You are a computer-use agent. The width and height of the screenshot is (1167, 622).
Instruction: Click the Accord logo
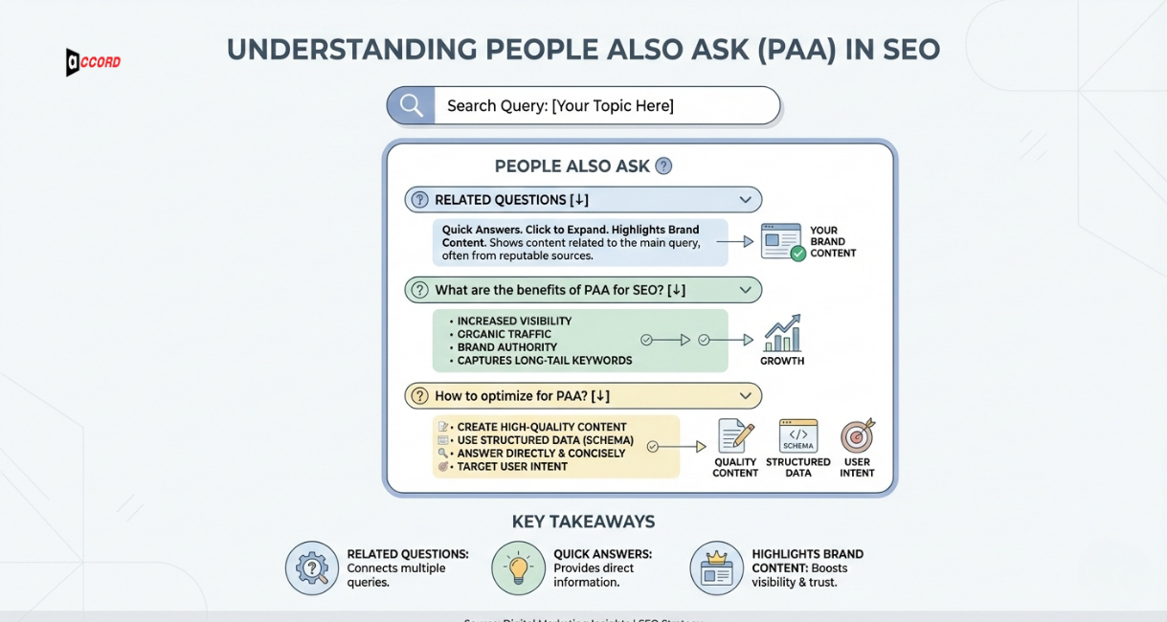[x=93, y=62]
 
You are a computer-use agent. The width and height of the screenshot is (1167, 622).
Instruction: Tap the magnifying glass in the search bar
[x=412, y=105]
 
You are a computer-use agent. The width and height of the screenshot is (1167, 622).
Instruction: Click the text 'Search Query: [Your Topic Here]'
[x=560, y=105]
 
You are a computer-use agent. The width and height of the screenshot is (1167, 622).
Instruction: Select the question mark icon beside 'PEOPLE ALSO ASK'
[x=663, y=166]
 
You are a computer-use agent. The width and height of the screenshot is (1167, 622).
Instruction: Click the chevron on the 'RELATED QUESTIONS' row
[x=745, y=200]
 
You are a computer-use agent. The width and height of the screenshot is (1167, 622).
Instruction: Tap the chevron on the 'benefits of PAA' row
[x=745, y=290]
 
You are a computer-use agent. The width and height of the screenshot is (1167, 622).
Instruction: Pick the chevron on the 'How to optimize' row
[x=745, y=396]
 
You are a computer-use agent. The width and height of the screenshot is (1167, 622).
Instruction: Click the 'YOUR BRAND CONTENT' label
[x=832, y=242]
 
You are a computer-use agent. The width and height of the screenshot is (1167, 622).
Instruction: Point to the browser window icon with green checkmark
[x=782, y=242]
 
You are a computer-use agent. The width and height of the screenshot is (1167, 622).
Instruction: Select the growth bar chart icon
[x=782, y=334]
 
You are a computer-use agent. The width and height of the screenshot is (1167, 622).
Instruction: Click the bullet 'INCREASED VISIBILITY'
[x=514, y=322]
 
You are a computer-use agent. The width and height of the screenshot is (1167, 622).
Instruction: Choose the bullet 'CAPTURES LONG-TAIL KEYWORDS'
[x=544, y=361]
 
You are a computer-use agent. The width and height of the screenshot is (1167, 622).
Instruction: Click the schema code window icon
[x=797, y=436]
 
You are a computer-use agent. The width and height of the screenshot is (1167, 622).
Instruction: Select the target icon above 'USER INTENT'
[x=857, y=436]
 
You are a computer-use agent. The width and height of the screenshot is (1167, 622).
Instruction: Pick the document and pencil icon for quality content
[x=735, y=436]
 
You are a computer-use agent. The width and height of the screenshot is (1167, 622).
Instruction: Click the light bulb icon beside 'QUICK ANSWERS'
[x=518, y=568]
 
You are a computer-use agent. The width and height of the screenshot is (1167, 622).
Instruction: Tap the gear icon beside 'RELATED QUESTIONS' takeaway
[x=312, y=568]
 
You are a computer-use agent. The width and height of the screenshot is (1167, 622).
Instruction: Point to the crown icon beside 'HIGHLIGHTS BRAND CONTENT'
[x=716, y=568]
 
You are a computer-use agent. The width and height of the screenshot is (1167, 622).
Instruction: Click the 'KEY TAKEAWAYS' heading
[x=583, y=522]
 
